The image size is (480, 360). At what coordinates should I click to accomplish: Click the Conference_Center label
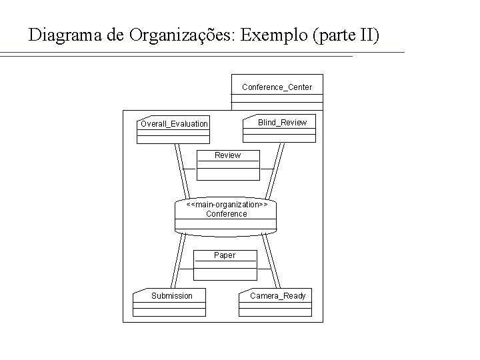[x=277, y=87]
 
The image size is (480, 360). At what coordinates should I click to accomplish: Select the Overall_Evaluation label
[x=174, y=124]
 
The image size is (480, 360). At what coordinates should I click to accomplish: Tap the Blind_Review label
[x=282, y=123]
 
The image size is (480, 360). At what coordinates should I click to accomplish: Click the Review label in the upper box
[x=227, y=155]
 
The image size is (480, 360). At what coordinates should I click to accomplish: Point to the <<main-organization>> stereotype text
[x=227, y=205]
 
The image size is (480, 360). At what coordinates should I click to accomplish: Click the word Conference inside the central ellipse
[x=226, y=214]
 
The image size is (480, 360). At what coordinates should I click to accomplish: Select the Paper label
[x=225, y=255]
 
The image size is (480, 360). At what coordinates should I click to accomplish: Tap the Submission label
[x=171, y=296]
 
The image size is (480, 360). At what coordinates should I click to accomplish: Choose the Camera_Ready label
[x=277, y=296]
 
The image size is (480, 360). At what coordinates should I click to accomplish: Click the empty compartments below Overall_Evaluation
[x=173, y=136]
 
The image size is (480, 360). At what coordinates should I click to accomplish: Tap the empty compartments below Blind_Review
[x=279, y=135]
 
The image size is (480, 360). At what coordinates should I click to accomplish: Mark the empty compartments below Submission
[x=169, y=309]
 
